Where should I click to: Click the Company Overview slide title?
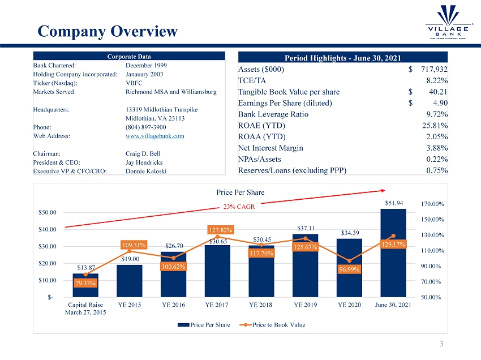108,31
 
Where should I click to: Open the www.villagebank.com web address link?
154,136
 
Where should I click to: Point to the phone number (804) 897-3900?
145,127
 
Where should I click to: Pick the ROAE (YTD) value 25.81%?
436,126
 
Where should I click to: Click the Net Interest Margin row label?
271,148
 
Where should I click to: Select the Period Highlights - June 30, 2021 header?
343,57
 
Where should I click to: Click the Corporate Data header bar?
129,57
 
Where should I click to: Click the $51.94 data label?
393,203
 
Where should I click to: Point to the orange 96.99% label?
349,270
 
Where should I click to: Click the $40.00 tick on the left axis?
48,229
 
